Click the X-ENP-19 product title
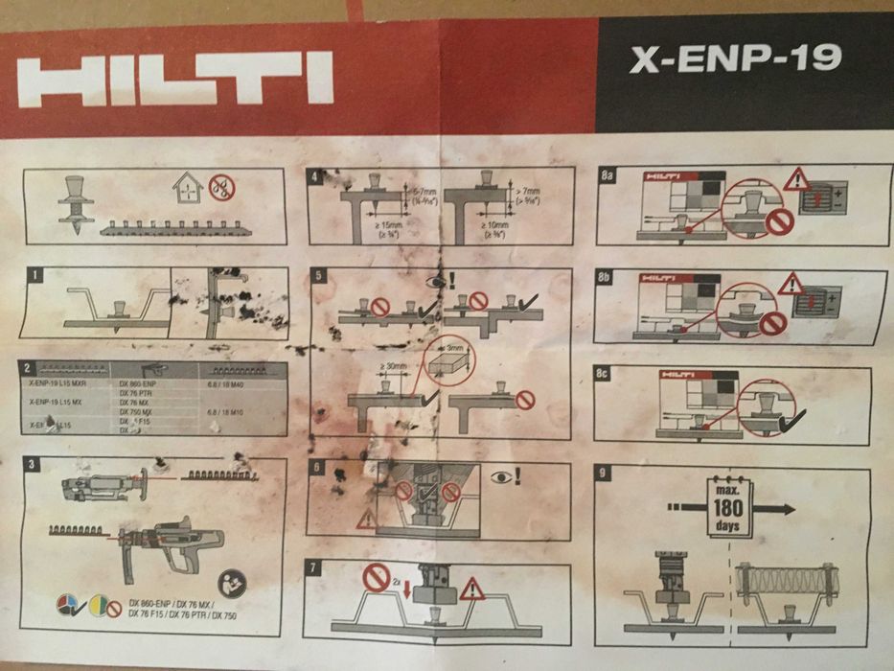click(735, 59)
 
